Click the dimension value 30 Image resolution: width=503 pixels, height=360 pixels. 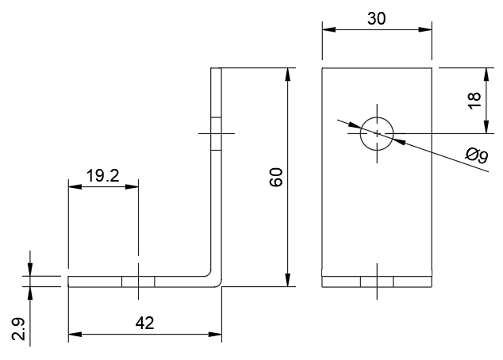(x=377, y=19)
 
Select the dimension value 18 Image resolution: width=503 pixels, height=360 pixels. (x=474, y=99)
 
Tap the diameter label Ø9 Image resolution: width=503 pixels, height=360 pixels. (x=477, y=155)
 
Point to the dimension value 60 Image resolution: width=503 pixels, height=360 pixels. (x=276, y=178)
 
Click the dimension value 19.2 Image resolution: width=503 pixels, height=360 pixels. (x=102, y=176)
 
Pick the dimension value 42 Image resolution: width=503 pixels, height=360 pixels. (x=144, y=323)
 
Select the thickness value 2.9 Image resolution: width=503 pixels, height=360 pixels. (x=20, y=327)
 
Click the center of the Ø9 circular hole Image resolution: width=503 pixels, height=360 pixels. (x=377, y=132)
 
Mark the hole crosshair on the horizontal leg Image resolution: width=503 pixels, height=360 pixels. (x=138, y=281)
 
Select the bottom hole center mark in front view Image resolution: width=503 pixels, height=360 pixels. (x=377, y=281)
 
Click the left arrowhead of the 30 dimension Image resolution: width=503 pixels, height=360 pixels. (x=325, y=30)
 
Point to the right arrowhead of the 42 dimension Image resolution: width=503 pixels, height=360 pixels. (x=218, y=335)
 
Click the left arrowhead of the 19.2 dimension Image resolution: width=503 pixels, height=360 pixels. (x=72, y=187)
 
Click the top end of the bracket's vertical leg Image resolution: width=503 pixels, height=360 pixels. (x=217, y=70)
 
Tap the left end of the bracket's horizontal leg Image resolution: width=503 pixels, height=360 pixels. (x=69, y=281)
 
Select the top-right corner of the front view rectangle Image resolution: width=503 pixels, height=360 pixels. (x=432, y=69)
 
